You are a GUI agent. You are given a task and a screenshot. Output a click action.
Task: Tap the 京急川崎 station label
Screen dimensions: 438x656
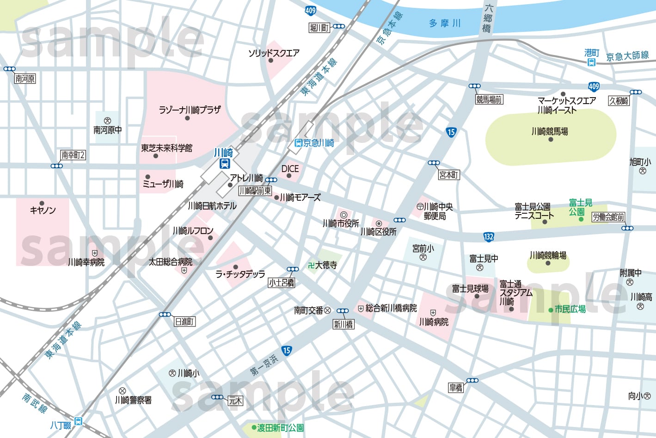click(x=319, y=143)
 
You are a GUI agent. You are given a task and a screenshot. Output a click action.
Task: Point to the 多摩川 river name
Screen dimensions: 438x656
click(x=445, y=23)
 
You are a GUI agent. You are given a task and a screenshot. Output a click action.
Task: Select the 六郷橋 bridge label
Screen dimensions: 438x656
click(x=488, y=19)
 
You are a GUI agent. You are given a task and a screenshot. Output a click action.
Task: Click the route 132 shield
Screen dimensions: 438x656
click(x=489, y=237)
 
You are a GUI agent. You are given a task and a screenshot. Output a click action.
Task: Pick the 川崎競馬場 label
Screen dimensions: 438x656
click(x=550, y=131)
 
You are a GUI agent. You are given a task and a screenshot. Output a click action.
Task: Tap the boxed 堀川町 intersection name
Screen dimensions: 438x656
click(x=319, y=28)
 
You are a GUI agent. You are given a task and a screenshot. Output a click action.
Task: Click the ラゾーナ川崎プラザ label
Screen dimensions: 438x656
click(x=190, y=110)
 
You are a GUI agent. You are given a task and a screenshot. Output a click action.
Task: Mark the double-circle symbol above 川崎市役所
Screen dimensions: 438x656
click(x=343, y=215)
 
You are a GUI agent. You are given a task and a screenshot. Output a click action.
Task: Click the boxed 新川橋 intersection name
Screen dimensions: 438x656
click(x=343, y=324)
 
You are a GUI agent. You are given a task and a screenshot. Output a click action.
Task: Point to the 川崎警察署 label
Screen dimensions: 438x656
click(x=133, y=400)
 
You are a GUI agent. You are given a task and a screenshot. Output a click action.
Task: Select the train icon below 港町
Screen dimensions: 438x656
click(x=591, y=62)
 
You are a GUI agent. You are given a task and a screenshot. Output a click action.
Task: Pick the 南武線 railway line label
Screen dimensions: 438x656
click(x=35, y=403)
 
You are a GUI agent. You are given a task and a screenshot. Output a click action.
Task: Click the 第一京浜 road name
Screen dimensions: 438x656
click(x=264, y=365)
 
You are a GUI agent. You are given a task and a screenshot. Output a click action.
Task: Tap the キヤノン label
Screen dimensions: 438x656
click(x=43, y=210)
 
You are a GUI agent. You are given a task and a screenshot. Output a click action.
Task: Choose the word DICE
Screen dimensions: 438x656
click(x=290, y=169)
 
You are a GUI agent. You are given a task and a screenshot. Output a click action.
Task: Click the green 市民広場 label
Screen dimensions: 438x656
click(x=570, y=309)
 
